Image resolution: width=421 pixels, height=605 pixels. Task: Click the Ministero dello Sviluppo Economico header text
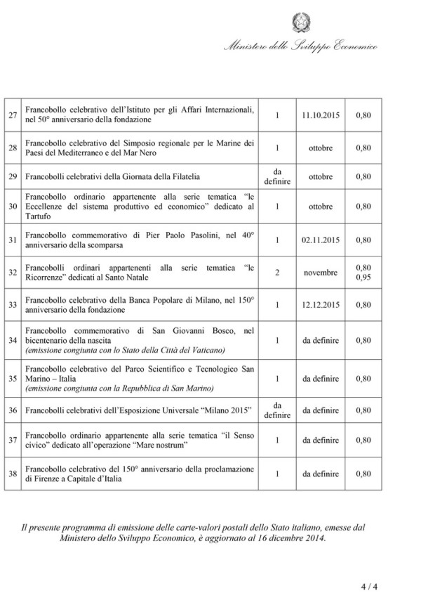(x=300, y=47)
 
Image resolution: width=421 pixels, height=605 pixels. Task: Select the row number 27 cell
(x=13, y=115)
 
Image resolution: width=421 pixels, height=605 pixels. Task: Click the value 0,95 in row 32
(x=363, y=278)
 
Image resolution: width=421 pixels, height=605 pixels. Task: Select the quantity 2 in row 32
(x=277, y=273)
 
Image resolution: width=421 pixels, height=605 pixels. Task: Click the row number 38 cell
(x=13, y=474)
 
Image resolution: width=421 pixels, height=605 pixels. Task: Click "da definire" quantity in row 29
(x=277, y=176)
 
